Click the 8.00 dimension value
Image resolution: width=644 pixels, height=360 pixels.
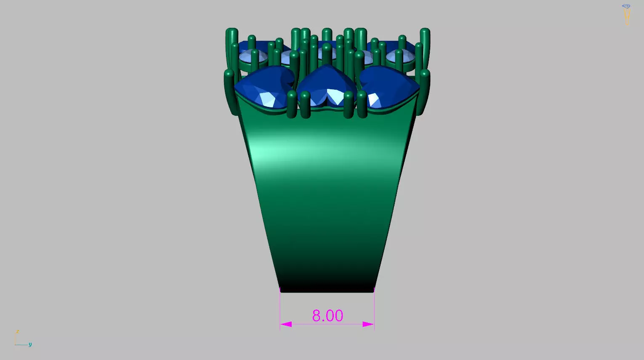click(x=327, y=316)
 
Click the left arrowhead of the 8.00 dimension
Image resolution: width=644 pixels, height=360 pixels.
click(x=286, y=324)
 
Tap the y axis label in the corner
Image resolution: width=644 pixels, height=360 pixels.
click(x=30, y=344)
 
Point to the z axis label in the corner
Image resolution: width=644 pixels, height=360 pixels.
click(x=17, y=332)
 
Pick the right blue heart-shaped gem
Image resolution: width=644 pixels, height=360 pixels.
click(x=389, y=88)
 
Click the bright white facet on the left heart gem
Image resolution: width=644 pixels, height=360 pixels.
click(x=267, y=99)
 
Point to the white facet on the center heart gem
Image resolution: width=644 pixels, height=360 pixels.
click(x=335, y=96)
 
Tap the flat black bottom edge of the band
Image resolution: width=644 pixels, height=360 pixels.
click(x=327, y=290)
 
